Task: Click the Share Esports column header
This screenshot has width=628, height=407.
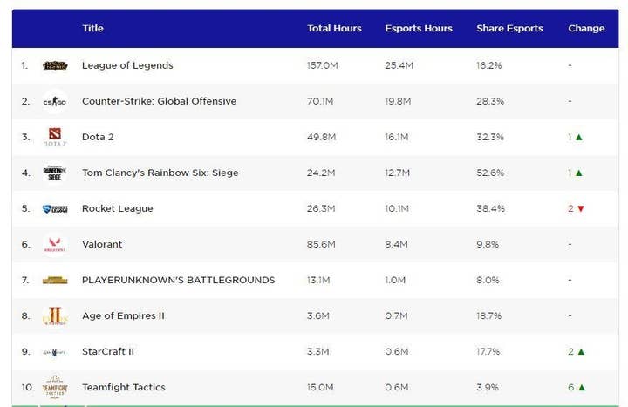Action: pyautogui.click(x=509, y=29)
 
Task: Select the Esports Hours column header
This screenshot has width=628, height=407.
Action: pyautogui.click(x=419, y=29)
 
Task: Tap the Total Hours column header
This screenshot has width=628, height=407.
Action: pyautogui.click(x=334, y=29)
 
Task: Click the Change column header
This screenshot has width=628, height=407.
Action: pyautogui.click(x=586, y=29)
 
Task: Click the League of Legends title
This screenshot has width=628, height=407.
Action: pyautogui.click(x=127, y=65)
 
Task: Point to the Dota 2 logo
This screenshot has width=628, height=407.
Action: pyautogui.click(x=55, y=137)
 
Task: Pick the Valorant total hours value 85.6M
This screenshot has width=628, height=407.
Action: pyautogui.click(x=321, y=244)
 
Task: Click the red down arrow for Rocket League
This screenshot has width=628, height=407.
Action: pyautogui.click(x=580, y=209)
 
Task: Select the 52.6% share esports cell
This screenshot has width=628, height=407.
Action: pyautogui.click(x=490, y=173)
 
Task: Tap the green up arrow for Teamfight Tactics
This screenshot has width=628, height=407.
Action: pyautogui.click(x=580, y=388)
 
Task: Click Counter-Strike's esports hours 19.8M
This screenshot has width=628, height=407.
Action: pyautogui.click(x=399, y=101)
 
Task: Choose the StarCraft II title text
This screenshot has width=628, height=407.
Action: pyautogui.click(x=108, y=351)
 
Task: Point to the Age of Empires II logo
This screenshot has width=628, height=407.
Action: pyautogui.click(x=55, y=315)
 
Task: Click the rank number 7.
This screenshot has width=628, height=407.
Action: pyautogui.click(x=24, y=280)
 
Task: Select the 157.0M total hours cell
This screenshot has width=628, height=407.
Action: pyautogui.click(x=322, y=65)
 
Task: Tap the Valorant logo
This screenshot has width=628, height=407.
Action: pyautogui.click(x=55, y=244)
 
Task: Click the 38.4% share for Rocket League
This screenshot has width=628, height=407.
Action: pyautogui.click(x=490, y=208)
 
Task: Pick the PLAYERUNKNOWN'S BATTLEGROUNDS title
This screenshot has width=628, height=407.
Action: pyautogui.click(x=178, y=280)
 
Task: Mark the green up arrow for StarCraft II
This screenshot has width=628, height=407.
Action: pyautogui.click(x=580, y=352)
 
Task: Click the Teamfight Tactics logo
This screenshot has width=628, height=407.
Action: pyautogui.click(x=55, y=387)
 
